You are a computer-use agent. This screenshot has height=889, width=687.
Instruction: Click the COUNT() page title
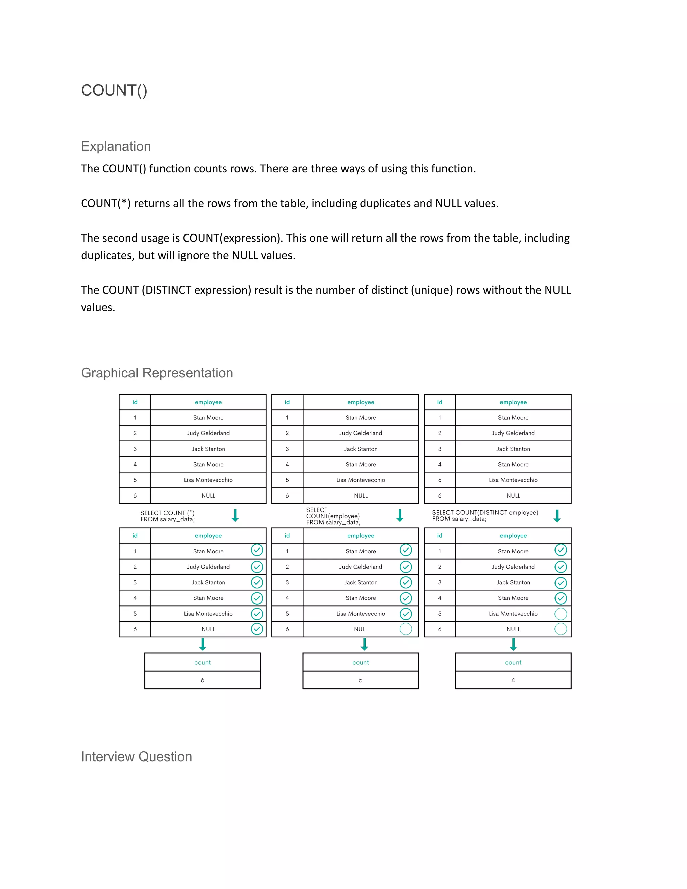tap(114, 90)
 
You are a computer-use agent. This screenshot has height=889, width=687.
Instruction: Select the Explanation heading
tap(116, 146)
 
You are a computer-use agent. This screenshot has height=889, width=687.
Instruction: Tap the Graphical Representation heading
tap(157, 373)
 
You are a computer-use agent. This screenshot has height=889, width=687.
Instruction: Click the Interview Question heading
tap(136, 756)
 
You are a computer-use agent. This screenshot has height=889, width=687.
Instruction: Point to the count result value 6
tap(202, 680)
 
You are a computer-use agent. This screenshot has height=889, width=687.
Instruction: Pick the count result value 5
tap(361, 680)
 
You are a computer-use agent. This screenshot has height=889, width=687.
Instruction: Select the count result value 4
tap(513, 680)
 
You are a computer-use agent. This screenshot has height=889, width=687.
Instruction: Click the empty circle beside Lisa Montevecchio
tap(561, 614)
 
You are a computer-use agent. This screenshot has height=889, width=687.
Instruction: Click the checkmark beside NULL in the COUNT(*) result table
tap(257, 629)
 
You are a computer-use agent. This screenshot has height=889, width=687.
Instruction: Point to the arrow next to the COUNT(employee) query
tap(400, 515)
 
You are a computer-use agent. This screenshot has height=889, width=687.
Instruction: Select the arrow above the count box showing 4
tap(513, 644)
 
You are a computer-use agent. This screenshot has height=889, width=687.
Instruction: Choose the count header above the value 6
tap(202, 662)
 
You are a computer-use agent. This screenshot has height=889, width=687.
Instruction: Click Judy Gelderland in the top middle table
tap(361, 433)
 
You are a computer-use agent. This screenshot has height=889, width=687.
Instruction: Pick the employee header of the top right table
tap(513, 402)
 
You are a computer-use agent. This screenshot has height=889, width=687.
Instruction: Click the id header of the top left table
tap(135, 402)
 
